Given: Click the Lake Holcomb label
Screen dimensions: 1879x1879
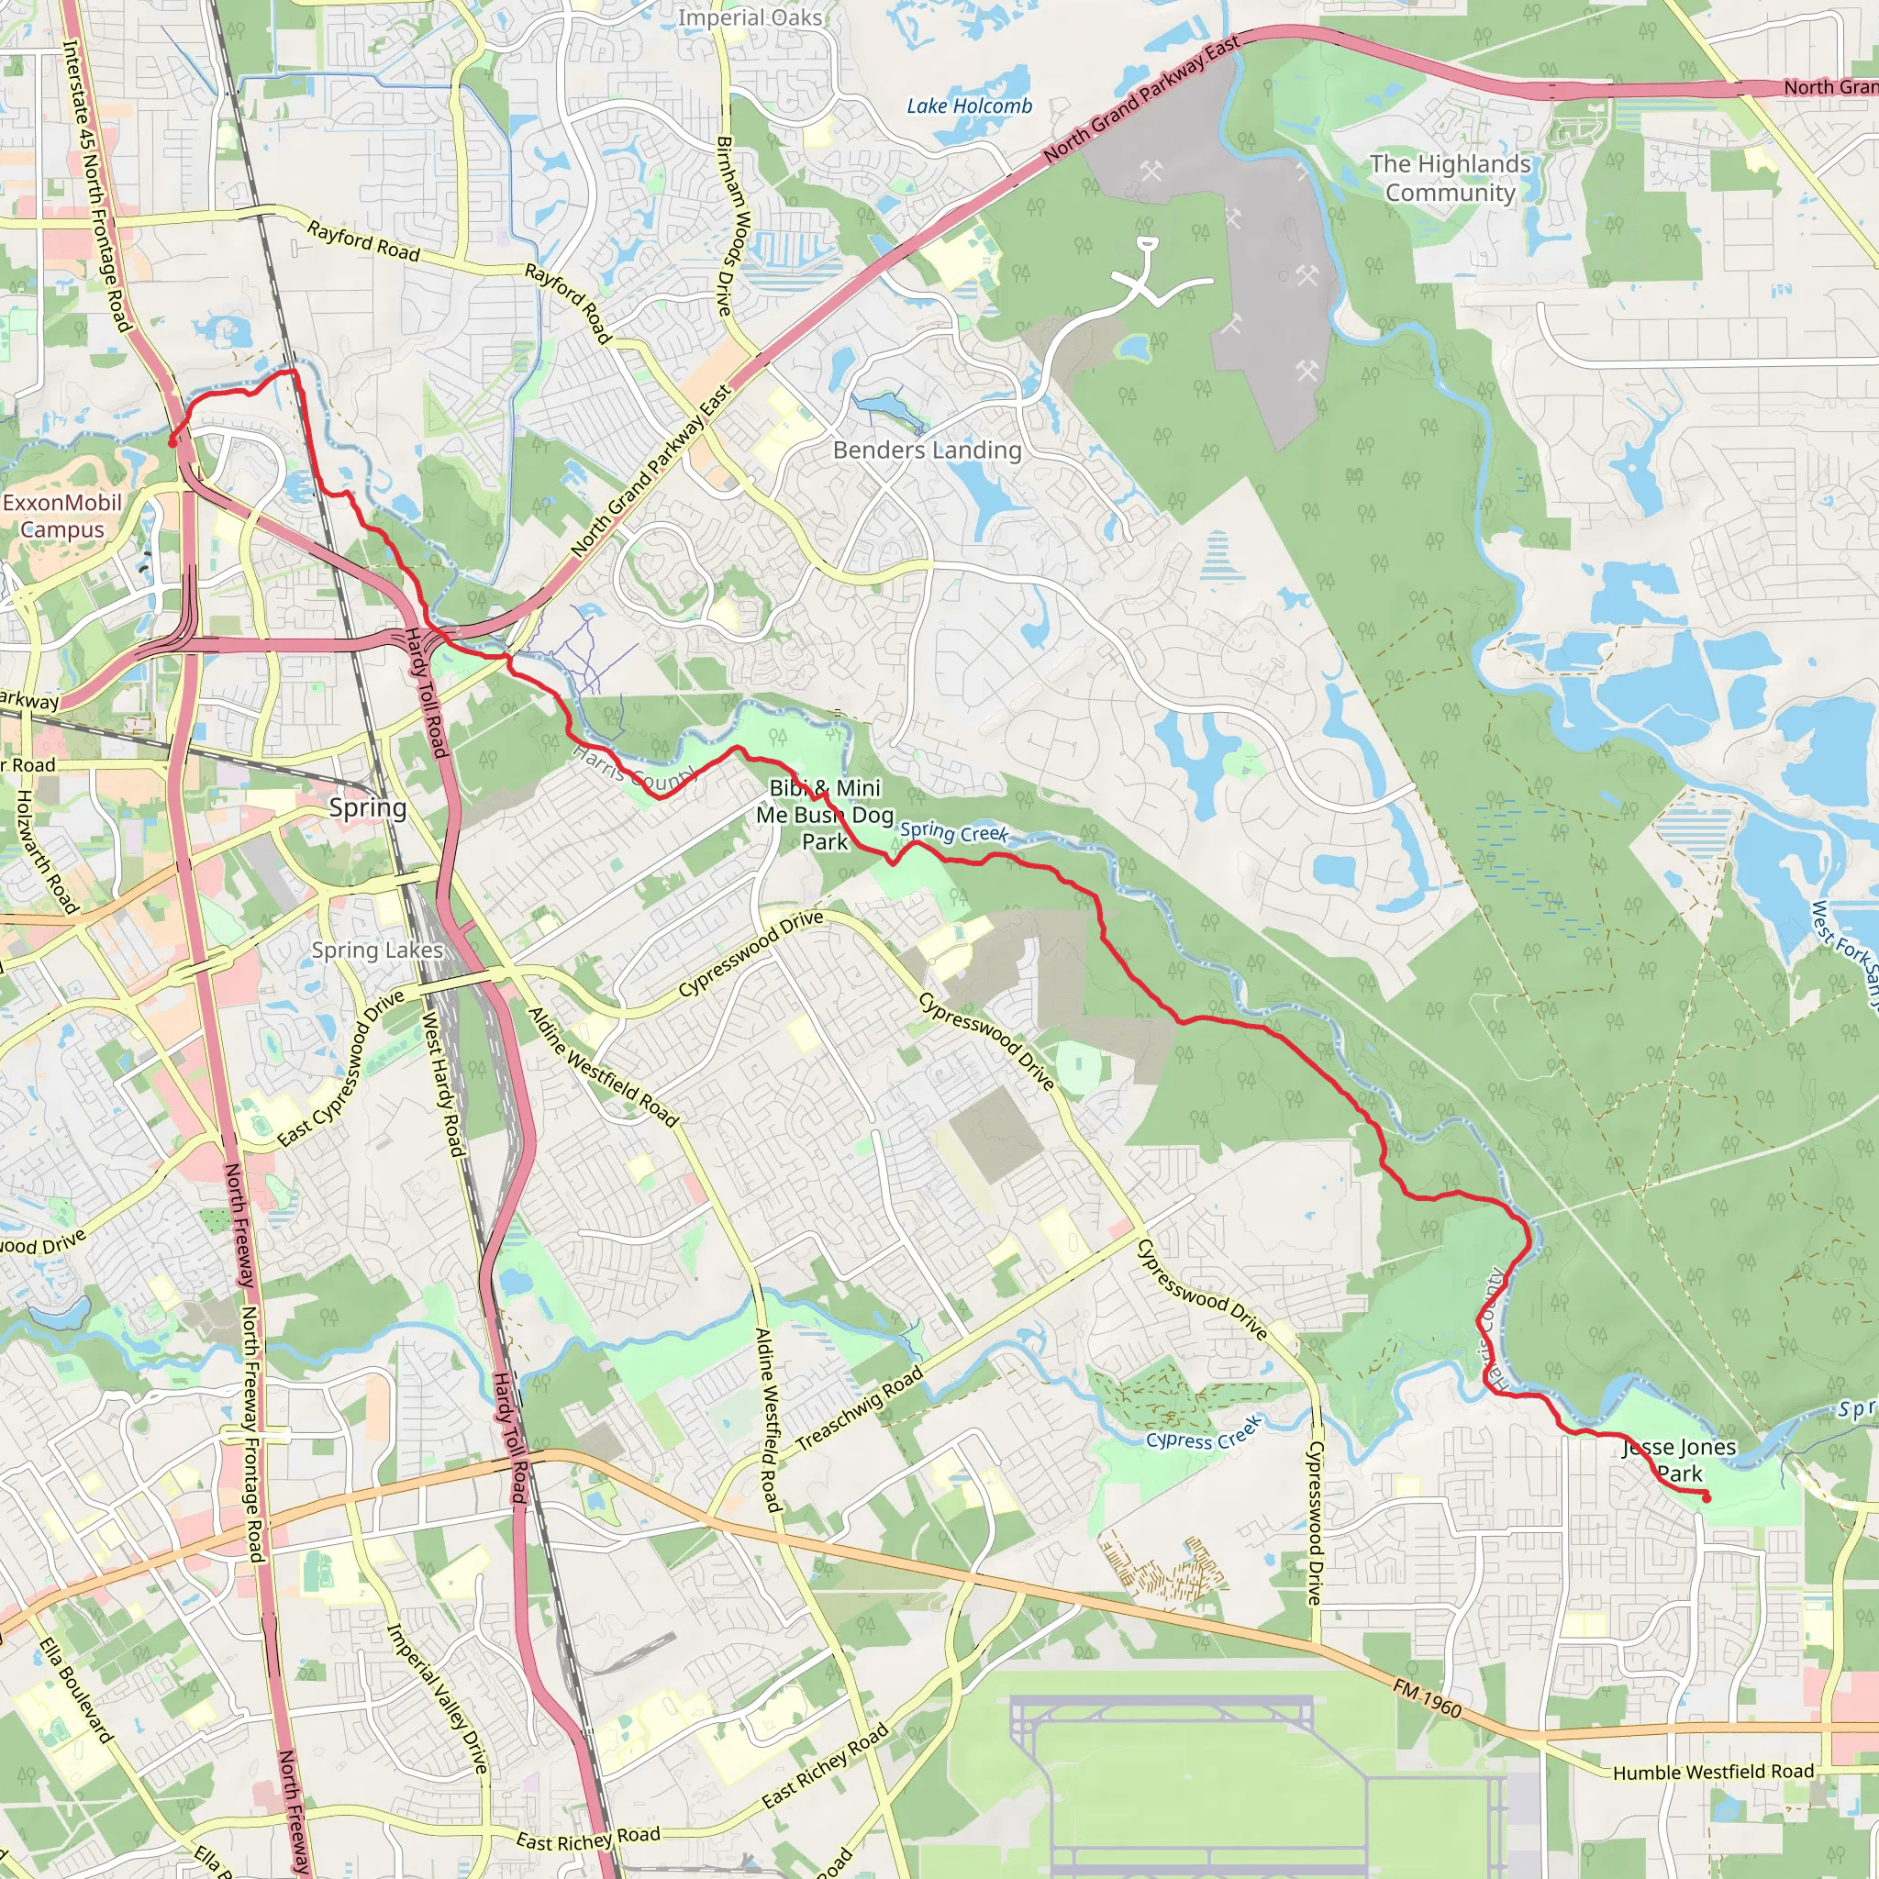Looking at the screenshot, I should [x=969, y=106].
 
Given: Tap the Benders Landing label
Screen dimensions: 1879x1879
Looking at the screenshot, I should [x=927, y=450].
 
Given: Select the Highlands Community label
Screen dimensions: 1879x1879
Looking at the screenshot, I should [x=1451, y=178].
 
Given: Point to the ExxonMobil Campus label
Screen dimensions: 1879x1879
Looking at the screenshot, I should [x=62, y=517].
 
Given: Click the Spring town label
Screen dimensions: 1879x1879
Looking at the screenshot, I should [x=368, y=808].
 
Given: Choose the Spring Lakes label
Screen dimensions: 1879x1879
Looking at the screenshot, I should [x=377, y=951].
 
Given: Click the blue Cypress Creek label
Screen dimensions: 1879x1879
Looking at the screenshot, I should [x=1204, y=1434].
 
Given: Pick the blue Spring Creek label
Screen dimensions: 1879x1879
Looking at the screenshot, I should [x=953, y=832].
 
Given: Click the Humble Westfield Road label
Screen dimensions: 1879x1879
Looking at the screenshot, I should [x=1714, y=1771].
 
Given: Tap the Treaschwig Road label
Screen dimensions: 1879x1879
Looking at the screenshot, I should [x=860, y=1409].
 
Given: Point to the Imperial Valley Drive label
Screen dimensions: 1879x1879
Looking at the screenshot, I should [x=437, y=1697].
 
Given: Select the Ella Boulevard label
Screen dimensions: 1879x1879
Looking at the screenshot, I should [x=77, y=1689].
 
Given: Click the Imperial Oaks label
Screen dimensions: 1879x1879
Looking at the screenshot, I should [x=750, y=17].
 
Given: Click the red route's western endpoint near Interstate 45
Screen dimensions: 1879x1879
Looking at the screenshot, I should [x=173, y=442].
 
